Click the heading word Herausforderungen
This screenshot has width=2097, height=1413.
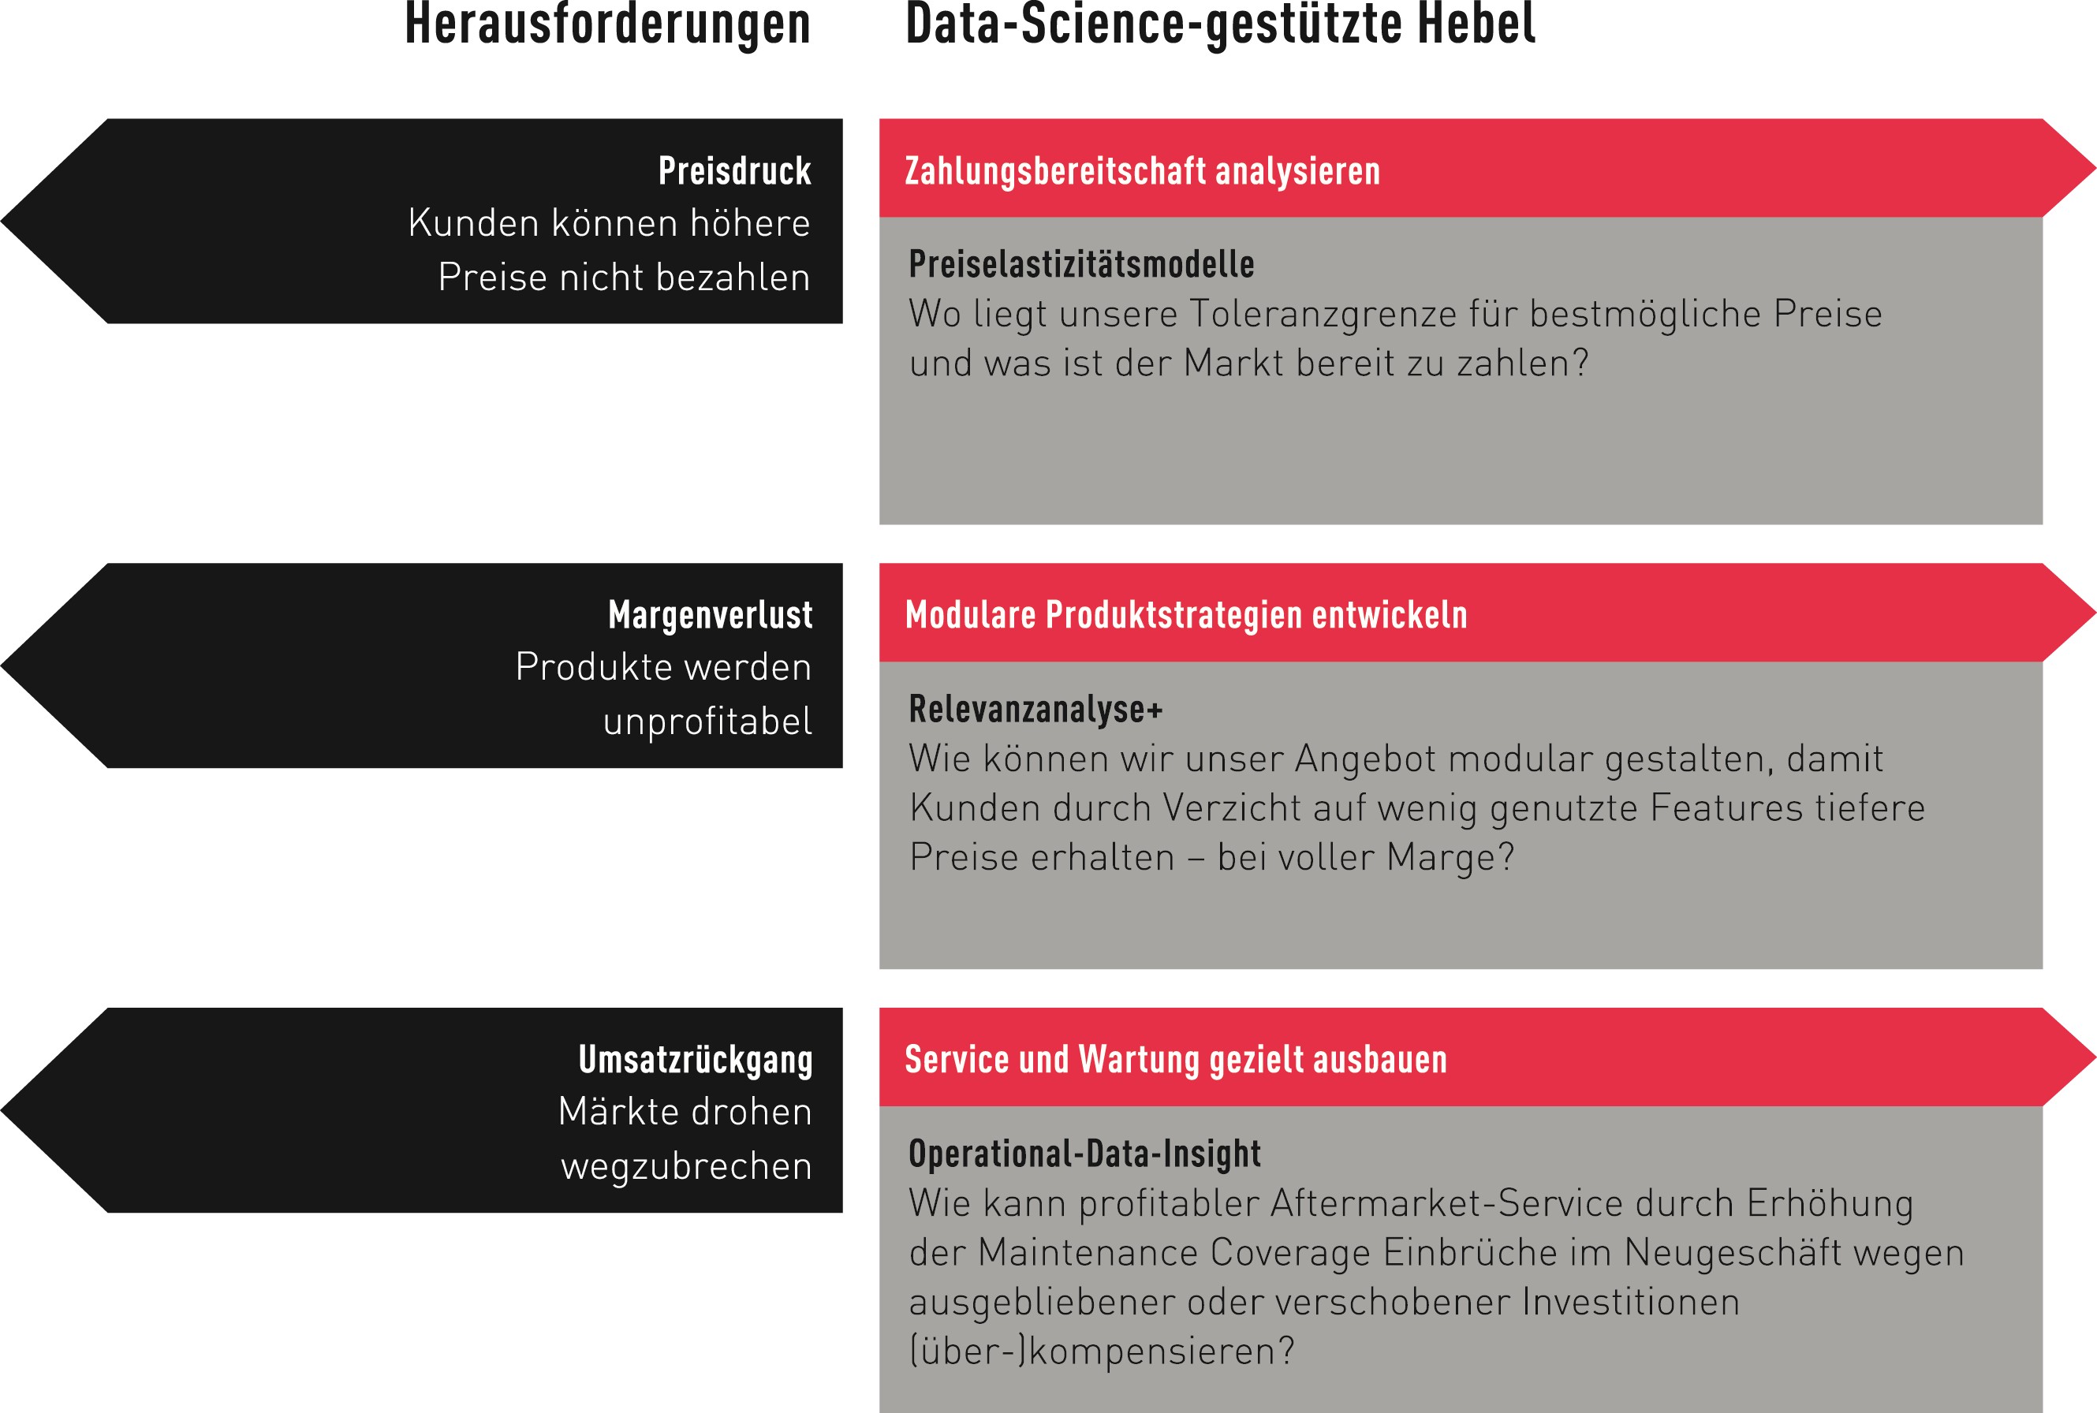click(x=607, y=25)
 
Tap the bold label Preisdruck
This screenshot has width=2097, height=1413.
click(x=734, y=171)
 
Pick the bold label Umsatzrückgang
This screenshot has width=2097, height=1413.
click(x=695, y=1060)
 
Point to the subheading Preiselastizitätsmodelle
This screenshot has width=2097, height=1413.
click(x=1081, y=265)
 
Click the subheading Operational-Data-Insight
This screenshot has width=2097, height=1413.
click(x=1084, y=1154)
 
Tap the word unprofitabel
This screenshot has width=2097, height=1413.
click(x=707, y=721)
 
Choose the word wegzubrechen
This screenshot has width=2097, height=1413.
click(x=687, y=1167)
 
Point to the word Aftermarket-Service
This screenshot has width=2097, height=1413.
click(x=1411, y=1204)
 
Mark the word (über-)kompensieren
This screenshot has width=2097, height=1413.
click(x=1101, y=1351)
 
